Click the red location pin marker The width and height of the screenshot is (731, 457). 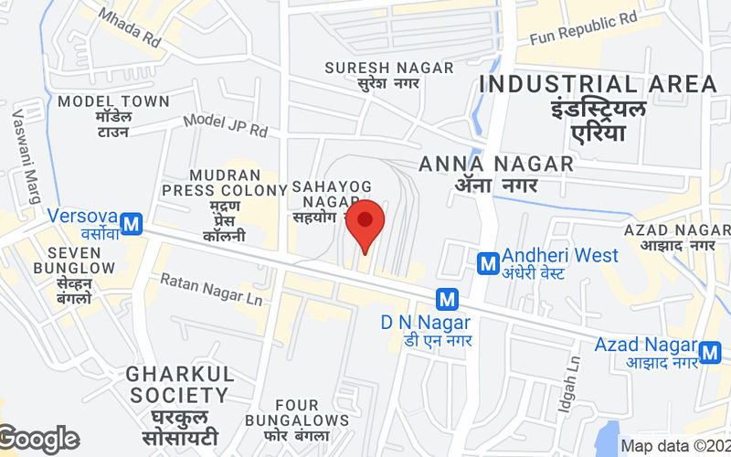(x=365, y=222)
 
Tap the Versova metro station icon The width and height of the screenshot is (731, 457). (x=133, y=223)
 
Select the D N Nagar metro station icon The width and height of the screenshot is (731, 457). (x=446, y=298)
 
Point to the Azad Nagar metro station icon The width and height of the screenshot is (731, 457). (x=710, y=351)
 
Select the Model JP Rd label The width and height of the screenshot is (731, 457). (x=225, y=125)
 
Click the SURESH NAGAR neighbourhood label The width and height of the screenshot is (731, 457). (x=388, y=68)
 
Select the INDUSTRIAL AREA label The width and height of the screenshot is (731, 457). (x=599, y=84)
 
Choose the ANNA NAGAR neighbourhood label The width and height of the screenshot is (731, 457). (x=496, y=165)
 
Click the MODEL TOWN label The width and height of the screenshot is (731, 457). (x=113, y=101)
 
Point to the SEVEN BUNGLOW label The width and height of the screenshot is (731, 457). (x=74, y=260)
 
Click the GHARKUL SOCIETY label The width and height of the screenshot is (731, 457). (x=179, y=385)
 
